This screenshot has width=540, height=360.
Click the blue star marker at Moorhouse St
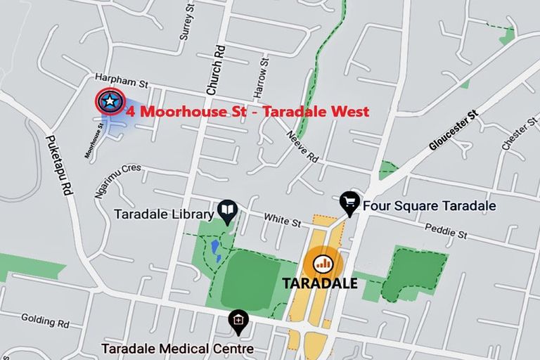(x=110, y=102)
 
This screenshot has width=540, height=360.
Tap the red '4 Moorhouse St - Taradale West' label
(x=247, y=111)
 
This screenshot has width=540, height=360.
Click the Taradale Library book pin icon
(x=227, y=210)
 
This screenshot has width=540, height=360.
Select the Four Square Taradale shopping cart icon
(x=349, y=202)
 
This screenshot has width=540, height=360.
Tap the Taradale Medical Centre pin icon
(x=238, y=321)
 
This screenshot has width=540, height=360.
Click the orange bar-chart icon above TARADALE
(x=323, y=264)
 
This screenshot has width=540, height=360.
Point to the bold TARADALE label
(x=320, y=284)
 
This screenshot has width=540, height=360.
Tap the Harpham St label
(x=122, y=83)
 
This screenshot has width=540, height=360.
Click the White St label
(x=283, y=221)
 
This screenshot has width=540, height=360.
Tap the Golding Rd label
(x=45, y=323)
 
